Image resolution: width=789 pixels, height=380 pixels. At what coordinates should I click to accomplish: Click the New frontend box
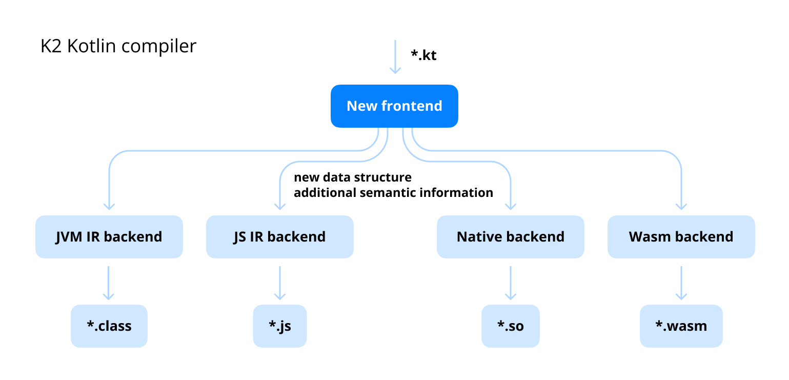(394, 106)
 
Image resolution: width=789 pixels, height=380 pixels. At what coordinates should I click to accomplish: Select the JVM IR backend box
(109, 237)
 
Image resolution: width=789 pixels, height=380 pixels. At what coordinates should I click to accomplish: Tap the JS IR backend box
(279, 237)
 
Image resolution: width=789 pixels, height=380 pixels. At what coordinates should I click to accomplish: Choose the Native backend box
(510, 237)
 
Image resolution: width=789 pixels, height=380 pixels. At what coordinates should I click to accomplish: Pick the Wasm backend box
(681, 237)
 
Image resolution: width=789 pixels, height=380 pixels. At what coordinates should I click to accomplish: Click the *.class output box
(109, 326)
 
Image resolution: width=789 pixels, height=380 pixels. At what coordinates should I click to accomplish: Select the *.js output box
(279, 326)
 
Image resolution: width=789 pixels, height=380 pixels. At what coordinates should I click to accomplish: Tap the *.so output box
(510, 326)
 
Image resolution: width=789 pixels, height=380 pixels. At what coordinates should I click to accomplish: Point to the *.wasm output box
(681, 326)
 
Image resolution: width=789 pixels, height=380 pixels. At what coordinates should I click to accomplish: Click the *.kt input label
(423, 55)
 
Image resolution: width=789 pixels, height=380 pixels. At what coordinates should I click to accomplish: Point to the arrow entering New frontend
(395, 56)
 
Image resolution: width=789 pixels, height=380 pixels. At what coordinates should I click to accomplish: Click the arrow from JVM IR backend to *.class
(108, 282)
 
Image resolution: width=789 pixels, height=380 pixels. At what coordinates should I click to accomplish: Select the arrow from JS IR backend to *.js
(279, 282)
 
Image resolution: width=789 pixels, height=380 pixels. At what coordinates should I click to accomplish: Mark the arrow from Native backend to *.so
(510, 282)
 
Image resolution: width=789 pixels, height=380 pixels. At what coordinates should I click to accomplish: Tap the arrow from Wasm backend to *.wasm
(681, 282)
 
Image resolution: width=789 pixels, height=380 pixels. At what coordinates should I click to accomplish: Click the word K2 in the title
(51, 46)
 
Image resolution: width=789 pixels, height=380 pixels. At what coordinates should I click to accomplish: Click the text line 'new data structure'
(352, 177)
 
